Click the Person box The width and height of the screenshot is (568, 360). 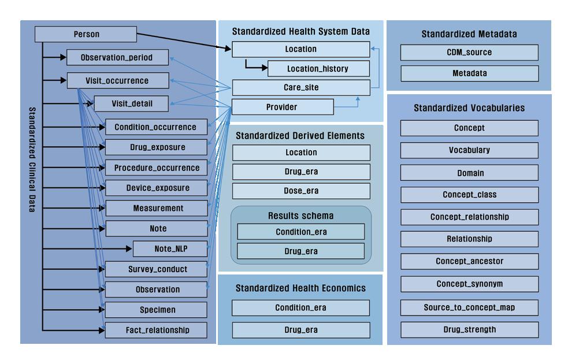pos(86,34)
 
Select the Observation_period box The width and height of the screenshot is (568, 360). pos(117,57)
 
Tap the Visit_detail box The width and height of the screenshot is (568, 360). pos(131,104)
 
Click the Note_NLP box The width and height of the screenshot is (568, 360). pos(170,249)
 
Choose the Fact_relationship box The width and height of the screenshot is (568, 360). pos(155,330)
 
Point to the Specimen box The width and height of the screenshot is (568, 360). pos(155,310)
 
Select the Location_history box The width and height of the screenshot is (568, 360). pos(318,69)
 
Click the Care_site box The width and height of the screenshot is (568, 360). pos(300,88)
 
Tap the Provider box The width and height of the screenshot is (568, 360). pos(282,107)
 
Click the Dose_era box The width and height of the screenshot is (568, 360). pos(301,191)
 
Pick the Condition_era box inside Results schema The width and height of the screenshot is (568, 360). pos(301,232)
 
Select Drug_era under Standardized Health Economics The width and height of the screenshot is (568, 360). pos(301,330)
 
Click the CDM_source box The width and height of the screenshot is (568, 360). pos(469,53)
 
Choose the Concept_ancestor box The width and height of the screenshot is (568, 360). pos(469,261)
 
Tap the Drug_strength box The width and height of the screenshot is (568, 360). pos(469,330)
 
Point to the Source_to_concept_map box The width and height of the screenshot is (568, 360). pos(469,307)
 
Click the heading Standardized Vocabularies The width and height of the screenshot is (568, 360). pos(469,108)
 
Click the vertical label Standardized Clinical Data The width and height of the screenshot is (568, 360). pos(32,159)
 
